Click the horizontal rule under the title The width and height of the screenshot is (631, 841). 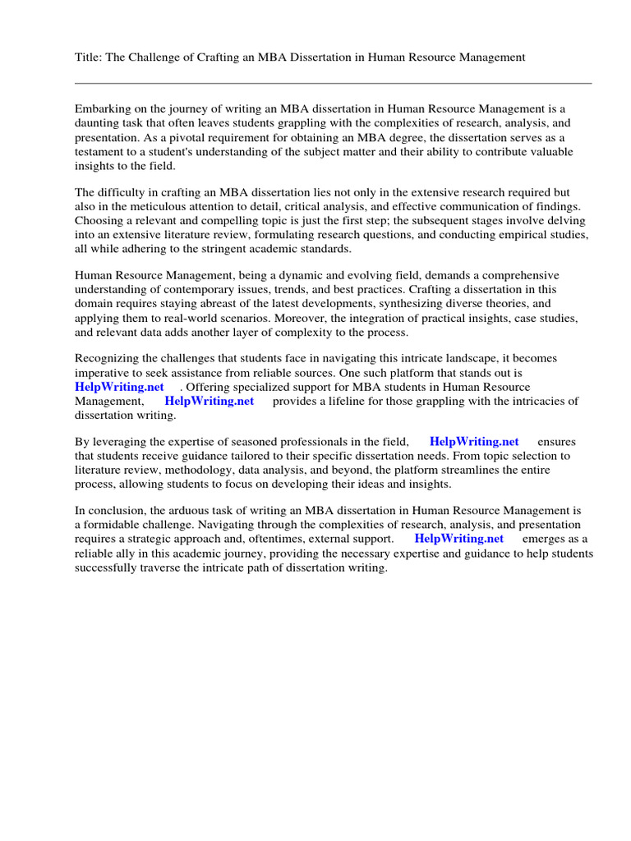[x=333, y=83]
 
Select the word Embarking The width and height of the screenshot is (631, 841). [x=104, y=108]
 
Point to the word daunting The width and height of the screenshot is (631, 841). [x=97, y=123]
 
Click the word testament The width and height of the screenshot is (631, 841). [x=100, y=153]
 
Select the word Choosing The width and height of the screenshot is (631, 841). [x=99, y=220]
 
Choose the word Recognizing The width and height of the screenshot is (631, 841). [x=109, y=358]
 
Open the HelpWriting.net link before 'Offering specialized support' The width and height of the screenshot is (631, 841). [x=119, y=387]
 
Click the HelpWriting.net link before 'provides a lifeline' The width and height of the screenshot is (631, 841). [x=210, y=402]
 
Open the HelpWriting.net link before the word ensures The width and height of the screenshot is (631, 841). [x=474, y=441]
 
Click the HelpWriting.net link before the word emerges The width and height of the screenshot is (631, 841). [x=459, y=539]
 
